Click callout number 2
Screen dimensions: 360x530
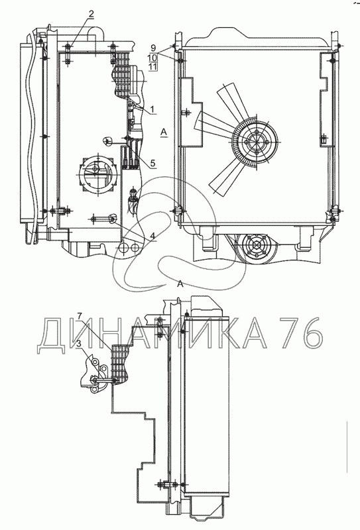(91, 14)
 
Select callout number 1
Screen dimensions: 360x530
(152, 109)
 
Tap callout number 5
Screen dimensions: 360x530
(152, 163)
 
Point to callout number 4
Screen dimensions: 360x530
(153, 236)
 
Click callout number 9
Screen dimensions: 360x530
(153, 48)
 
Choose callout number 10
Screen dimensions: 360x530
(152, 57)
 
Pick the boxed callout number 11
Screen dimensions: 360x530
(152, 66)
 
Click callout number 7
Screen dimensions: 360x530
(79, 317)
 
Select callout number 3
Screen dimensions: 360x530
(79, 344)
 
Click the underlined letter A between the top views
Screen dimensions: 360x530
(164, 132)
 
